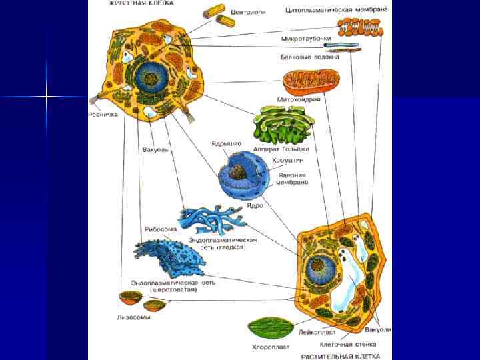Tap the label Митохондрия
tap(299, 99)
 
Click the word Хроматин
tap(287, 161)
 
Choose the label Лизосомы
tap(134, 317)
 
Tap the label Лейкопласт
tap(317, 331)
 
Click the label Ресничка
tap(103, 115)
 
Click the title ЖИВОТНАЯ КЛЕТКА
tap(141, 3)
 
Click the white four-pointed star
tap(47, 97)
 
